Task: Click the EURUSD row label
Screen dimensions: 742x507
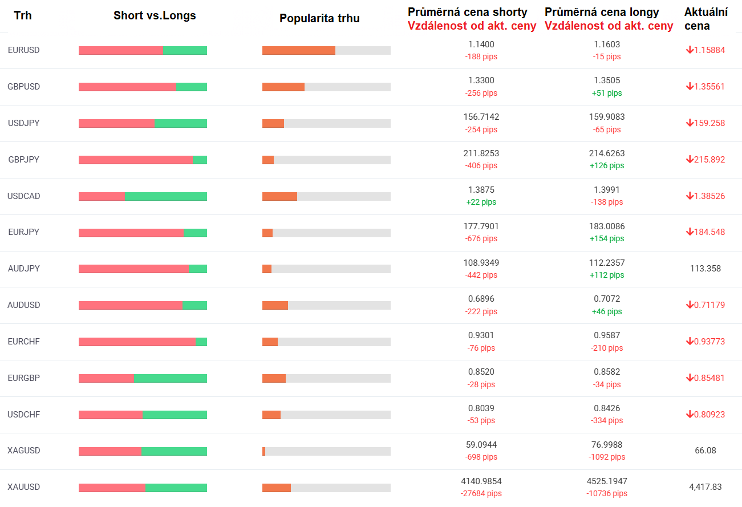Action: (x=23, y=50)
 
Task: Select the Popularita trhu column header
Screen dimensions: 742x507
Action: (x=319, y=18)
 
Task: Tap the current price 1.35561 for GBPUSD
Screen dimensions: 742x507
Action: (x=709, y=87)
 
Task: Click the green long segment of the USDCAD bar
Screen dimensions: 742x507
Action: (x=166, y=196)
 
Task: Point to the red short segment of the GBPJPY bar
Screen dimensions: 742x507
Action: (x=136, y=160)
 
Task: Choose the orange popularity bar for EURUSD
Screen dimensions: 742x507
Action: (x=299, y=50)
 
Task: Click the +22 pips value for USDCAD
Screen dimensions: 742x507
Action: (x=481, y=202)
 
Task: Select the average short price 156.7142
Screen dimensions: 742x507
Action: (x=481, y=117)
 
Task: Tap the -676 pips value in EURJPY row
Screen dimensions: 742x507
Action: (x=481, y=238)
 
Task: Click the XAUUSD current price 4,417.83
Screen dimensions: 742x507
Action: (x=705, y=487)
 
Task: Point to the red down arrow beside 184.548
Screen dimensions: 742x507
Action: (x=690, y=232)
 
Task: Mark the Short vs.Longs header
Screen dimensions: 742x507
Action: (x=155, y=15)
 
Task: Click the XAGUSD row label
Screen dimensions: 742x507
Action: (x=23, y=451)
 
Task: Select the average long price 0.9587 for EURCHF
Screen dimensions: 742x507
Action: (x=606, y=335)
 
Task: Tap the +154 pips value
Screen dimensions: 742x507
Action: (x=606, y=238)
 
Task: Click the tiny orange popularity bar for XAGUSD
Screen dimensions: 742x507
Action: (x=263, y=451)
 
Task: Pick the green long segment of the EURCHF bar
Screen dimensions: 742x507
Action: (x=201, y=342)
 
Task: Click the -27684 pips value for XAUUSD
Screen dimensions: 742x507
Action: (x=481, y=493)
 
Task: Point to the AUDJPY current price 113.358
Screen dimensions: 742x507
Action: (x=705, y=268)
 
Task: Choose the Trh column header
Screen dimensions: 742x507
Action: (x=22, y=15)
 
